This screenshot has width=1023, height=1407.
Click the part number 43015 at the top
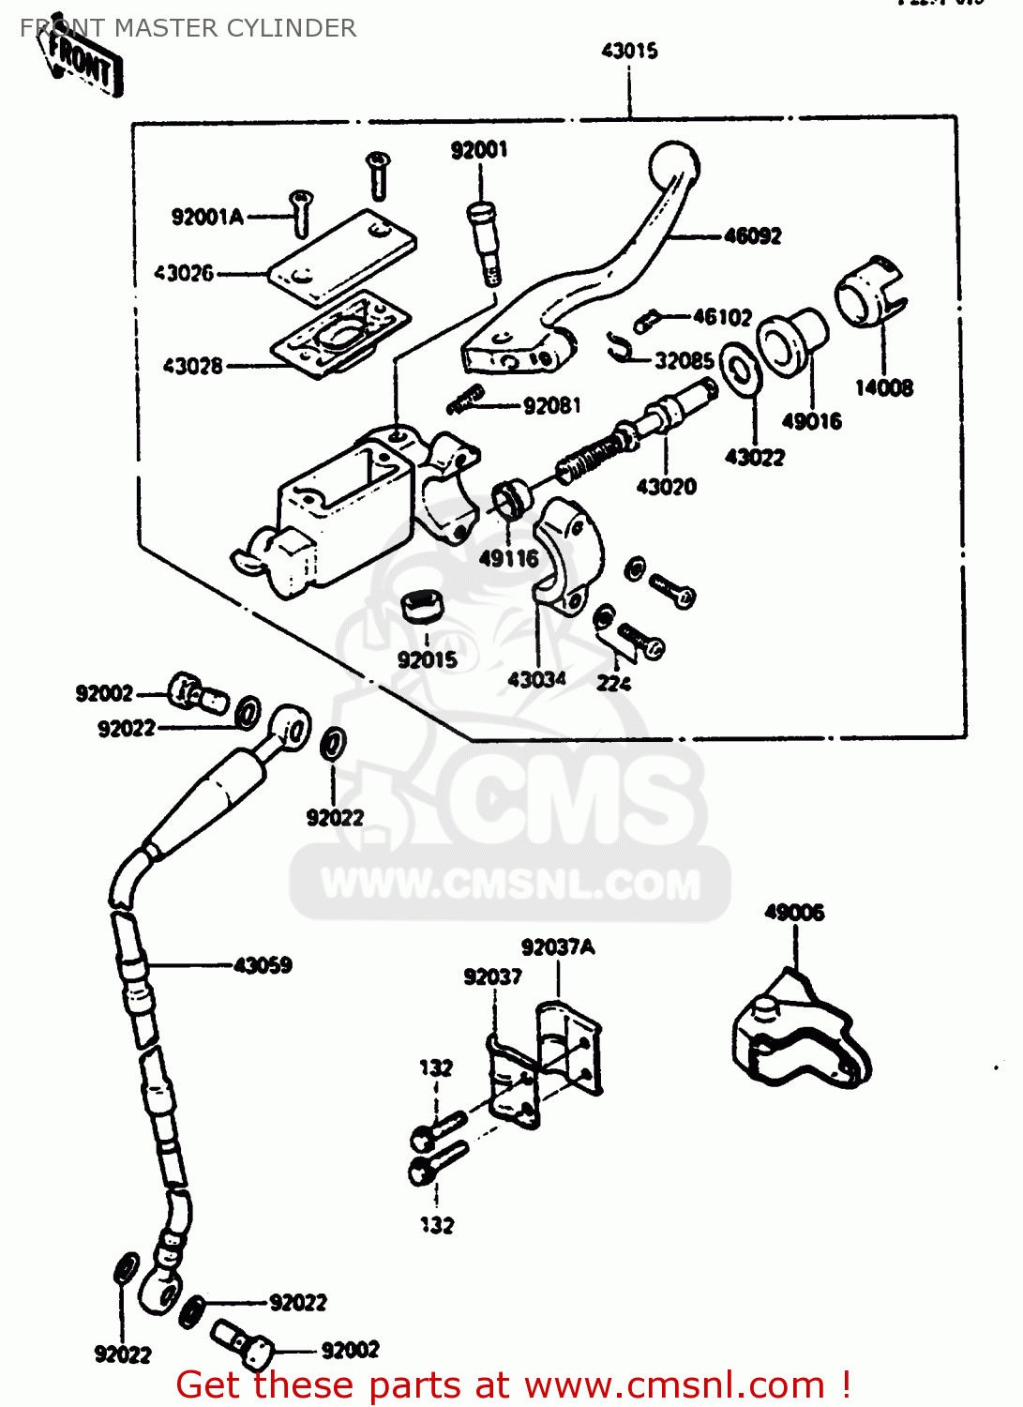[629, 51]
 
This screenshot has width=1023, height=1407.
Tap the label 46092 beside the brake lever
[752, 236]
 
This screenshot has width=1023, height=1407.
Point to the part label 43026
[184, 274]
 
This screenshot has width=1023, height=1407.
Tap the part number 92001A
[207, 218]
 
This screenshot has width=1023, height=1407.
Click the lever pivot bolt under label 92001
[482, 242]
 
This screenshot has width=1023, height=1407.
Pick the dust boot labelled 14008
[871, 292]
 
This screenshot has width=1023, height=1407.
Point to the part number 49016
[811, 421]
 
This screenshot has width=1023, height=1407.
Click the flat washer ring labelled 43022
[740, 374]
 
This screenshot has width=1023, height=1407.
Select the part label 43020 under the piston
[666, 486]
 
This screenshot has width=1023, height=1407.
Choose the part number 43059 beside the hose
[263, 965]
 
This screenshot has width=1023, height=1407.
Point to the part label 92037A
[558, 947]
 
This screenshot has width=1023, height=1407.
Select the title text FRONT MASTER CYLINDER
[188, 28]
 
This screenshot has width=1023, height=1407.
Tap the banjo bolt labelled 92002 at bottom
[242, 1341]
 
